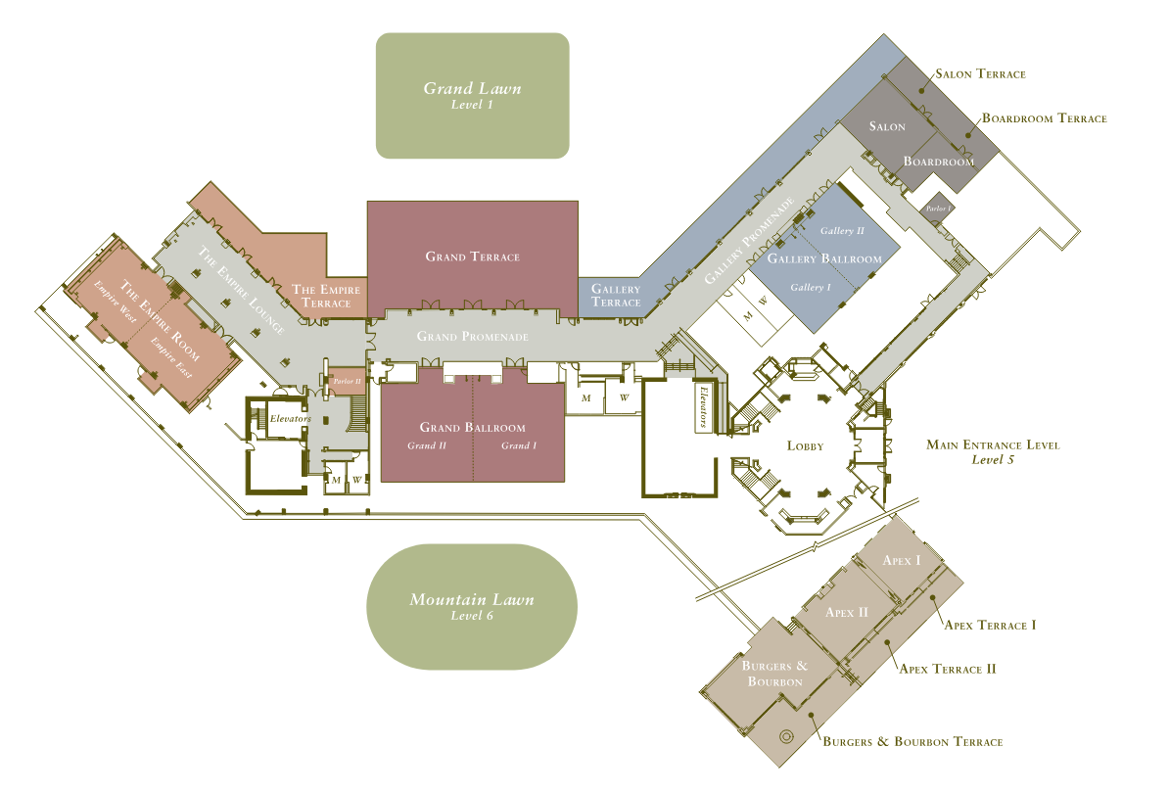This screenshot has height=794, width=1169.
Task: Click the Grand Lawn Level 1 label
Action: coord(472,95)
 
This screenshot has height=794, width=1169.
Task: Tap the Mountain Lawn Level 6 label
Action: coord(472,606)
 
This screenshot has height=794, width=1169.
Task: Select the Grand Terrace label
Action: coord(473,257)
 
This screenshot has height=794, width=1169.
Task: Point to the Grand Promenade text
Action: coord(473,336)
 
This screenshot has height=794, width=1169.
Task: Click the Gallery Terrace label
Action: coord(616,296)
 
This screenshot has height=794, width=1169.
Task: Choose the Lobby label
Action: coord(805,445)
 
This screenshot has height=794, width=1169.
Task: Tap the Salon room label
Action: coord(887,126)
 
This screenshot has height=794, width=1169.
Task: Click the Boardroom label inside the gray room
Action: coord(939,161)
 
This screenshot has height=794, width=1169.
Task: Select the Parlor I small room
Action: coord(937,208)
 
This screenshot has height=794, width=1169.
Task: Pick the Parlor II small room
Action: coord(347,381)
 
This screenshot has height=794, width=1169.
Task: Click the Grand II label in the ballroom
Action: coord(427,445)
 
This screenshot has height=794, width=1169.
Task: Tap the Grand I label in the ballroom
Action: coord(519,445)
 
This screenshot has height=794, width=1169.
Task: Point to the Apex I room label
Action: coord(902,561)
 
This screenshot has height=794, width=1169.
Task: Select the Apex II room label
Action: coord(847,612)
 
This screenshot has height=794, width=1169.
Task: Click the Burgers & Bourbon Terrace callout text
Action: coord(912,742)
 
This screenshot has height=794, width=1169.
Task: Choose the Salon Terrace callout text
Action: coord(980,73)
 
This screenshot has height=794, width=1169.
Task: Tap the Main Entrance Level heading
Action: coord(993,445)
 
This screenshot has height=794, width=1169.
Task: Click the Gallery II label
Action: coord(842,231)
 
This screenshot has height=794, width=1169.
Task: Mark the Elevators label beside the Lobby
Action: coord(702,406)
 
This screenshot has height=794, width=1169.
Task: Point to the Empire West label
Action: coord(115,302)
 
